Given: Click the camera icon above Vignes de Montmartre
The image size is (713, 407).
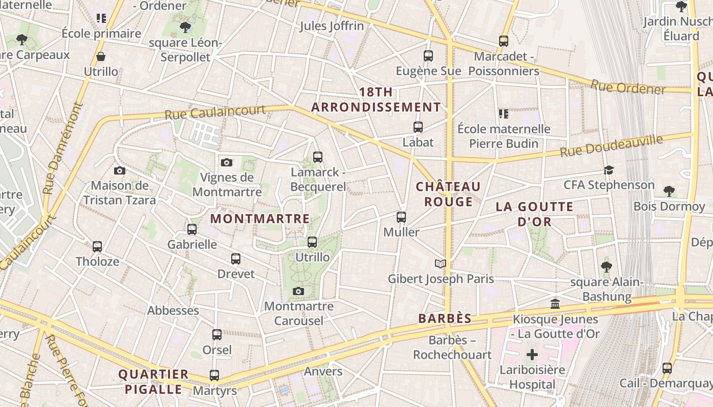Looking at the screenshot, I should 227,162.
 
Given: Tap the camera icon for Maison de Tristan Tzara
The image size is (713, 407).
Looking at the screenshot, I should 120,170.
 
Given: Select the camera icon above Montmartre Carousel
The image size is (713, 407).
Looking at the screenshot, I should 299,291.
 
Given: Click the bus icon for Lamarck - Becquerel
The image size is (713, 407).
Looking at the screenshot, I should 318,157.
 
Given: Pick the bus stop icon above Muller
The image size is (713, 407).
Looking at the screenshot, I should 401,217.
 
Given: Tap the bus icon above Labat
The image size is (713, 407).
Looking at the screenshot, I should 418,127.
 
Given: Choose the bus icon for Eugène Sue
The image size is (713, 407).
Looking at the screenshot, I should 428,56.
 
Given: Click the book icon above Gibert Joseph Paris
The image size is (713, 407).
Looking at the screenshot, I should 441,264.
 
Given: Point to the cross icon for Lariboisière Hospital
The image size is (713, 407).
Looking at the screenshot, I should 532,355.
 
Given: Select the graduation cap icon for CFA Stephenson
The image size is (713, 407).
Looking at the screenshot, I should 609,170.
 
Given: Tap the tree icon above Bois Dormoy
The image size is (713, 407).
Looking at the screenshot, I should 669,191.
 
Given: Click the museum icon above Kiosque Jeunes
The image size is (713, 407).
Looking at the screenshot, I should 555,304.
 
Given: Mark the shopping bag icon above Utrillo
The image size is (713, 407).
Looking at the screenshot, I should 101,56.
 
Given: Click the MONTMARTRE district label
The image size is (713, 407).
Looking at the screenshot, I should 260,219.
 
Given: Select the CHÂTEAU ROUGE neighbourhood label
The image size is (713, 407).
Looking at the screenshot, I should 448,194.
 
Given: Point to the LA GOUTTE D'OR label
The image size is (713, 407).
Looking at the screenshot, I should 535,214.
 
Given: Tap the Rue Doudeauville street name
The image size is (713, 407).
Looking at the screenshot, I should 611,146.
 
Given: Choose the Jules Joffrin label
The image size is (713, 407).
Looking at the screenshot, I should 332,26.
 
